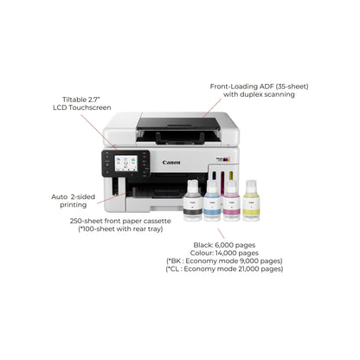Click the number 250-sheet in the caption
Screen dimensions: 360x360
point(89,221)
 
